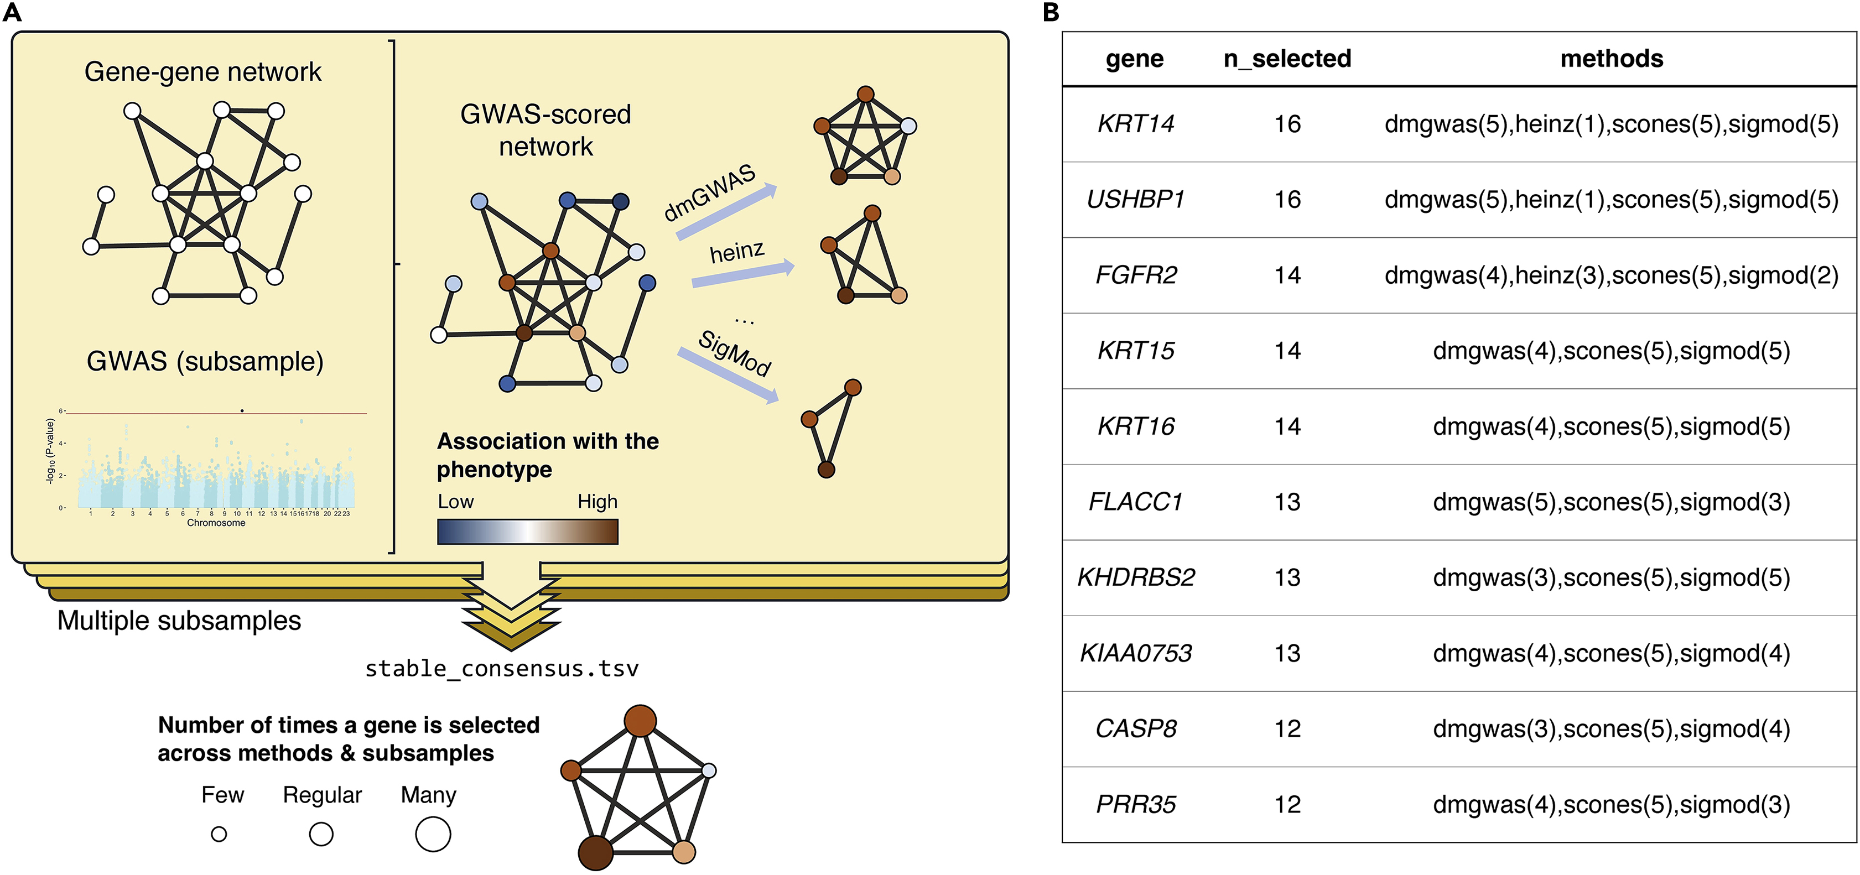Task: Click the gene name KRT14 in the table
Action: point(1135,124)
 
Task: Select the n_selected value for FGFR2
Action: point(1287,275)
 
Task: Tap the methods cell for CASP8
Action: point(1611,728)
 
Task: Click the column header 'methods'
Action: point(1611,59)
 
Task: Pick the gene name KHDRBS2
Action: point(1135,577)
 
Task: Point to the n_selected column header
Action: point(1287,59)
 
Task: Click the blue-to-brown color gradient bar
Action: point(527,532)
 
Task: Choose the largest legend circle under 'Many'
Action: point(433,835)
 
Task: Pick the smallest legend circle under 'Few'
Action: point(219,835)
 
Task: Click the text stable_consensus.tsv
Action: point(502,669)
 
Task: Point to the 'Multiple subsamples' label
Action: point(179,621)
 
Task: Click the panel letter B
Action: point(1051,12)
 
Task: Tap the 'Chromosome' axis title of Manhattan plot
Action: point(216,523)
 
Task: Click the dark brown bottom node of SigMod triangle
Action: point(826,470)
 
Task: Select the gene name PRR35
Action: point(1135,804)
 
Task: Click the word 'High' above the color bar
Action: point(597,502)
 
